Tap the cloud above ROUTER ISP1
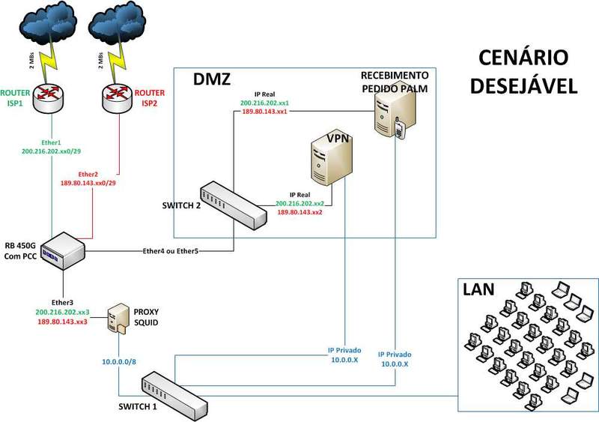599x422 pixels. point(49,22)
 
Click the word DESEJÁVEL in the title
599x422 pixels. point(524,85)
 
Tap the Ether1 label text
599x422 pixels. point(50,142)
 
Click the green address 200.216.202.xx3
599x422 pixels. point(62,311)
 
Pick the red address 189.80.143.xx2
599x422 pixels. point(299,212)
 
